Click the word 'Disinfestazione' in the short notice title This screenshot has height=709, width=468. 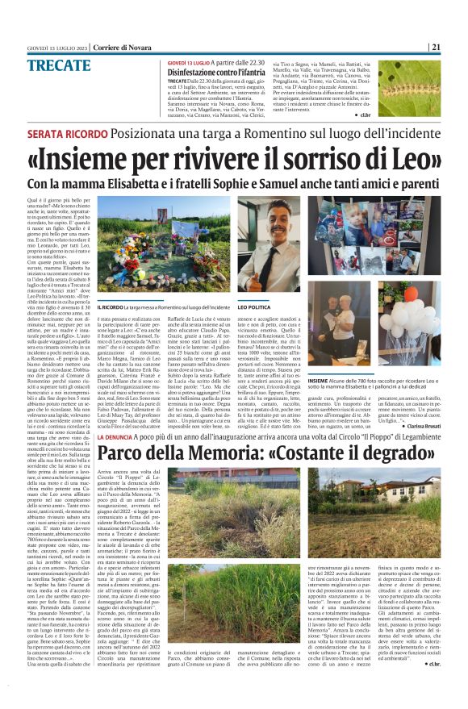198,73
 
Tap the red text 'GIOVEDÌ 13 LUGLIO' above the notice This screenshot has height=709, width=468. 189,62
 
